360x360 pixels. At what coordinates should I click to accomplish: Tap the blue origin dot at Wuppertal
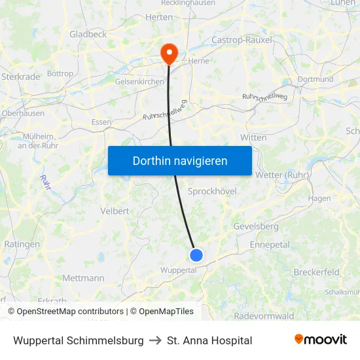(x=196, y=255)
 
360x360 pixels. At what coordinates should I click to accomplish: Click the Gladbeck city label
(x=88, y=34)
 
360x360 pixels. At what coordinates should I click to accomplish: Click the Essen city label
(x=101, y=122)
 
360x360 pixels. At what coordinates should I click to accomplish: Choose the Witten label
(x=253, y=137)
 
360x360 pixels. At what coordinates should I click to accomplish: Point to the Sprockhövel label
(x=212, y=191)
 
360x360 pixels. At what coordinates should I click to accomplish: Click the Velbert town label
(x=115, y=211)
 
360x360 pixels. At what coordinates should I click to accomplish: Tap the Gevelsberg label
(x=256, y=226)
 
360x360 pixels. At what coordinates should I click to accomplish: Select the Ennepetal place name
(x=270, y=245)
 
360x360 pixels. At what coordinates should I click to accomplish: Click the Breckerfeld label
(x=317, y=272)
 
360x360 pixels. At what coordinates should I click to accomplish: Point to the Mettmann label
(x=83, y=278)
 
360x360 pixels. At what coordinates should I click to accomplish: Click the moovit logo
(x=320, y=340)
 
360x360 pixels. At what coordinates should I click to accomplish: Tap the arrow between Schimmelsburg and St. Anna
(x=155, y=340)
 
